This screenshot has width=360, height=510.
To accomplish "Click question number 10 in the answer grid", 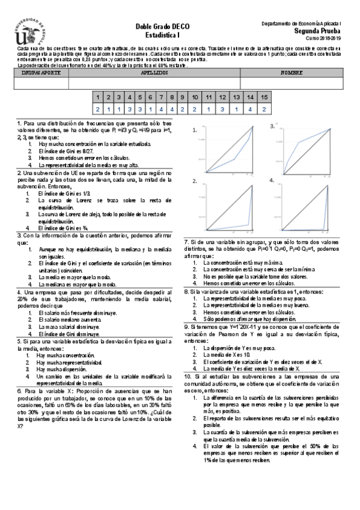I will pyautogui.click(x=194, y=97).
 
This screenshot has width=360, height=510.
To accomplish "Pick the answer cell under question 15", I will pyautogui.click(x=264, y=109).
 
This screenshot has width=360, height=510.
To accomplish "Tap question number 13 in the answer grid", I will pyautogui.click(x=236, y=97).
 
